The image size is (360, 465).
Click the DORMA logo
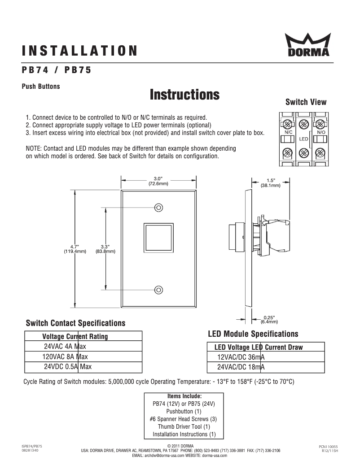coord(308,46)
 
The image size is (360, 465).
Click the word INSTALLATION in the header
coord(79,50)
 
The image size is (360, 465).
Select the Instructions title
coord(184,95)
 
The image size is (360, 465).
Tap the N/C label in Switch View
coord(288,133)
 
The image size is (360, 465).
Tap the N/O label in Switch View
coord(320,133)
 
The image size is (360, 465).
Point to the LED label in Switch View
coord(303,139)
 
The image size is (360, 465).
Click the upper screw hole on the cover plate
coord(158,208)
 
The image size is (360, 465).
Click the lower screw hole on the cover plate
coord(158,290)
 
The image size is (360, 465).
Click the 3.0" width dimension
coord(158,181)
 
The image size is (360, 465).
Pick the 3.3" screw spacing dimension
coord(105,249)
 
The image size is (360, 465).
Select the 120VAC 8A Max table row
coord(65,357)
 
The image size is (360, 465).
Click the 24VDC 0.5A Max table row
coord(67,367)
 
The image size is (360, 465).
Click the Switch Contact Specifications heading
coord(75,323)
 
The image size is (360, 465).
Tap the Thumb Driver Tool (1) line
coord(184,427)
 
